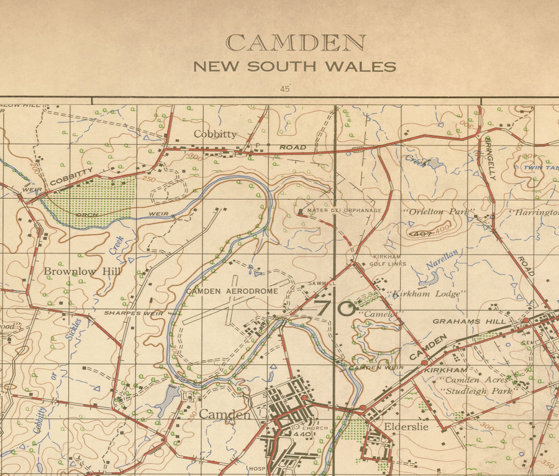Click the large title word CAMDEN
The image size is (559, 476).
point(295,43)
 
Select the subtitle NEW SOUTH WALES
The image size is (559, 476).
point(294,66)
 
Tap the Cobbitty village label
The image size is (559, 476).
point(215,134)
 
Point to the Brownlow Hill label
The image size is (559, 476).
point(82,272)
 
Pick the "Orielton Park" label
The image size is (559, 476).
point(439,212)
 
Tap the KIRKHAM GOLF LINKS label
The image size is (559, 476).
point(389,260)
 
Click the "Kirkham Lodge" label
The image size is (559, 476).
point(425,293)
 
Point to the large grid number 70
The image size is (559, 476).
point(335,308)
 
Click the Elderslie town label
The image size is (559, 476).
point(407,427)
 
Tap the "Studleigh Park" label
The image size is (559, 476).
point(477,391)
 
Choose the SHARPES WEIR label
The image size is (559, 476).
point(134,313)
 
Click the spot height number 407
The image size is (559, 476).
point(421,234)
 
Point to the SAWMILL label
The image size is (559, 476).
point(322,283)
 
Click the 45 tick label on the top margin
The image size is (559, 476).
point(285,89)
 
